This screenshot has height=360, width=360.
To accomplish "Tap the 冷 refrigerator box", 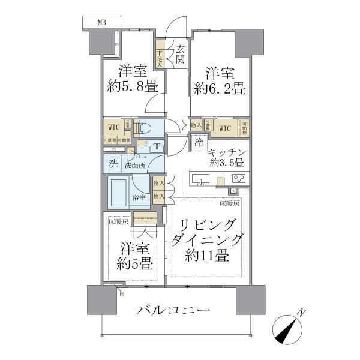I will (x=199, y=145).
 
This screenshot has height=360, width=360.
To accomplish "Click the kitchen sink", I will (x=202, y=179).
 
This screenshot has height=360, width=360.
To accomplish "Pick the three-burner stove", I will (x=240, y=179).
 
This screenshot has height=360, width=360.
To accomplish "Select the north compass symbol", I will (x=290, y=329).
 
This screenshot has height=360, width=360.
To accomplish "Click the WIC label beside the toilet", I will (x=113, y=127).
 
